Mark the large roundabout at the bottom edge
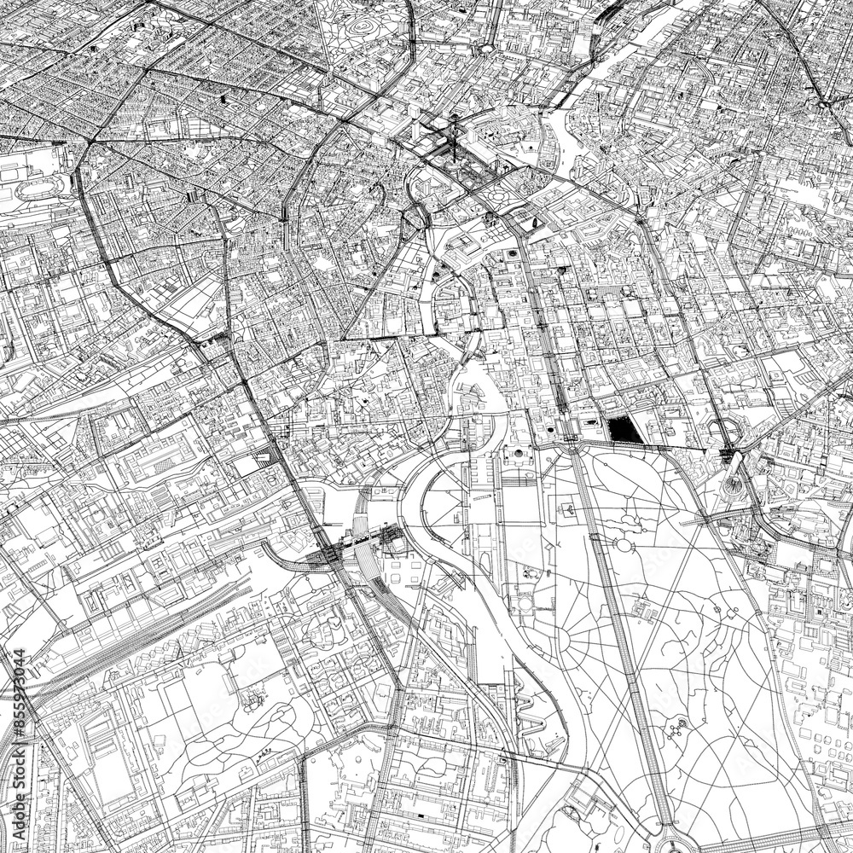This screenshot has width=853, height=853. pyautogui.click(x=682, y=840)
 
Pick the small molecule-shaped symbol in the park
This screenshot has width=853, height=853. pyautogui.click(x=678, y=729)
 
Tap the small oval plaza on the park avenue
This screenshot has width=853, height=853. pyautogui.click(x=624, y=545)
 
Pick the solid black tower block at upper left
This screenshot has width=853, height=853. pyautogui.click(x=225, y=100)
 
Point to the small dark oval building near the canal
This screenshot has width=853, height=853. pyautogui.click(x=532, y=223)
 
